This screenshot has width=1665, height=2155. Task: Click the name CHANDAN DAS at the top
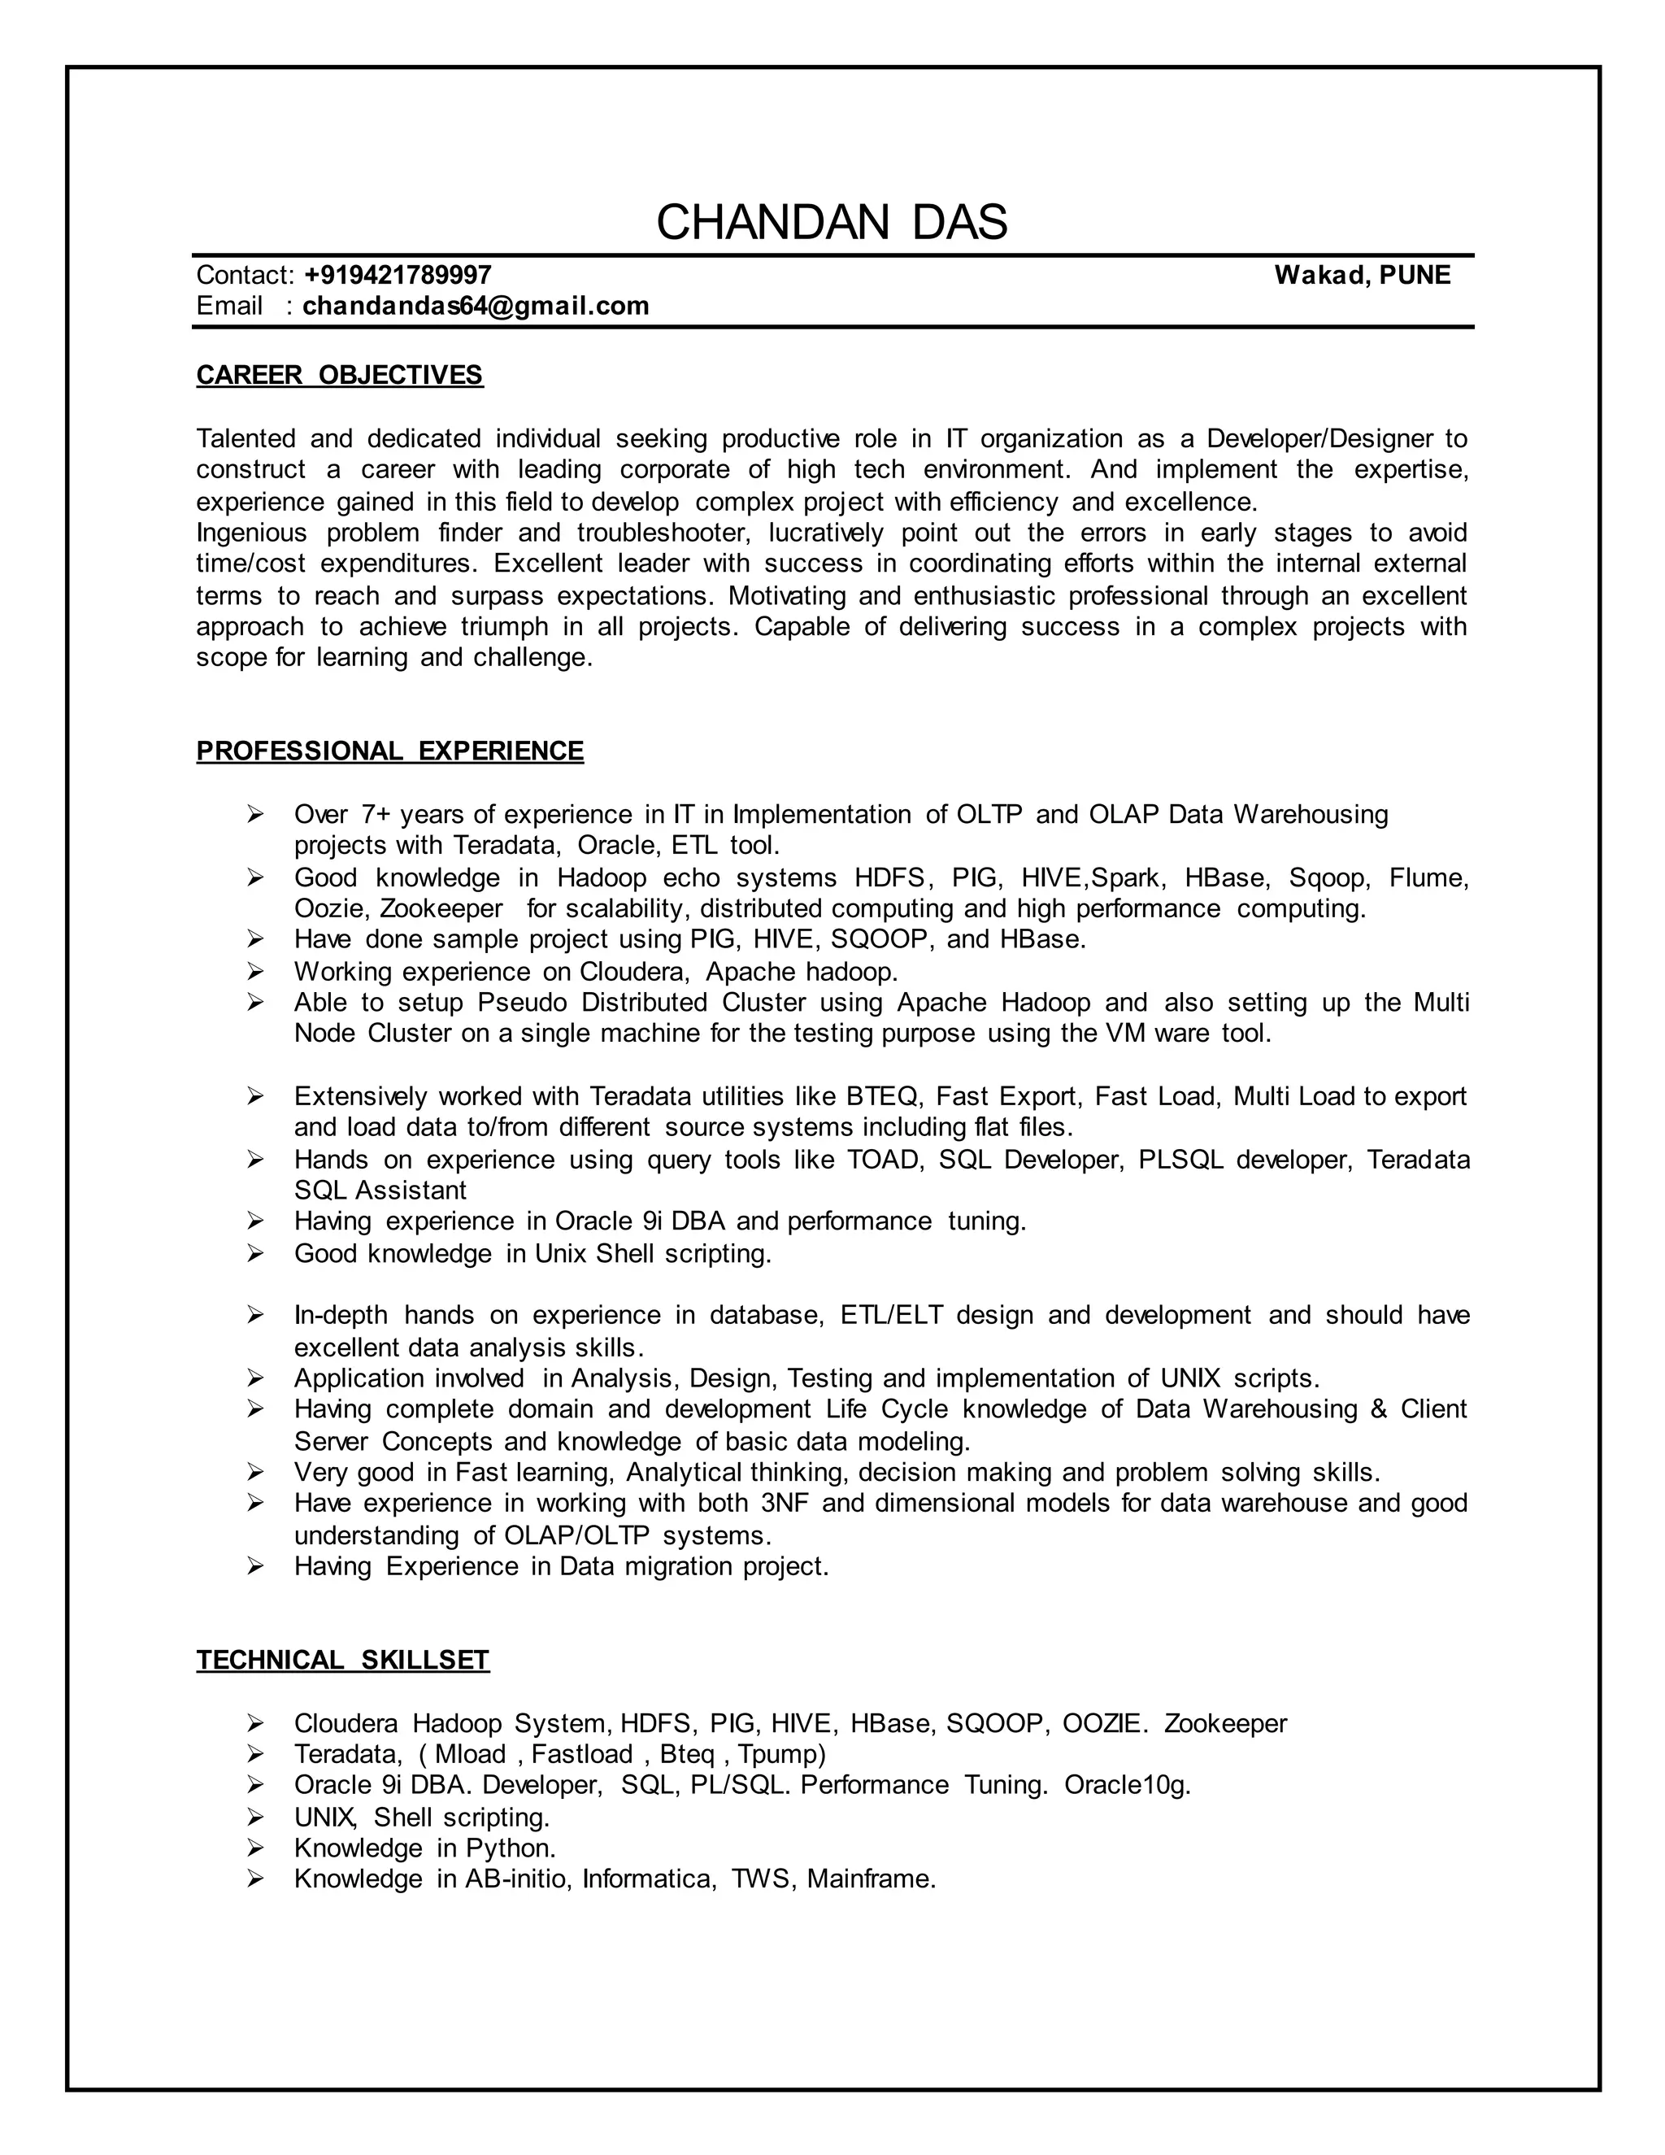pos(832,222)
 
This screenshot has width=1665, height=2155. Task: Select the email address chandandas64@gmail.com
pos(476,306)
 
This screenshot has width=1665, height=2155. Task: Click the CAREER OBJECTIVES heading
pos(339,375)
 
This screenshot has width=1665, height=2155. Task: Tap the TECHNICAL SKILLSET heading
pos(342,1660)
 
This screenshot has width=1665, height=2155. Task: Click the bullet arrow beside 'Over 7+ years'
pos(255,814)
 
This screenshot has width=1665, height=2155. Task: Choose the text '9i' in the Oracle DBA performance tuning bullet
pos(653,1221)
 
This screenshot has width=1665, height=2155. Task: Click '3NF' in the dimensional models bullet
pos(785,1503)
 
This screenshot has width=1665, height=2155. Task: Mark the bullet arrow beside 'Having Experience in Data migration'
pos(255,1566)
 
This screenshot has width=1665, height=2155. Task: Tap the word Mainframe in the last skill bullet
pos(870,1879)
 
